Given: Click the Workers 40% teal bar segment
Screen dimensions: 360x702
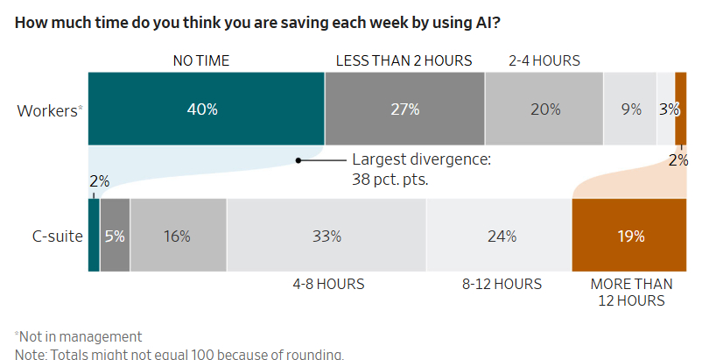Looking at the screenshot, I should [x=207, y=109].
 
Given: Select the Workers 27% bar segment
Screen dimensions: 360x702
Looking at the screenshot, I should [x=404, y=109].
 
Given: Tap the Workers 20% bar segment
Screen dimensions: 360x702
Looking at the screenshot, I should [x=544, y=109].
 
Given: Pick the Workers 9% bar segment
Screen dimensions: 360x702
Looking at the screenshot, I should [x=630, y=109].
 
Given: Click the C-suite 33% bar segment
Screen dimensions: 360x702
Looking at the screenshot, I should [x=326, y=236].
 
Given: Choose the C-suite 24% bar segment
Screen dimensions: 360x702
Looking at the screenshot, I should [x=499, y=236].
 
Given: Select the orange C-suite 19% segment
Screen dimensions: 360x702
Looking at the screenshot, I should [x=628, y=236].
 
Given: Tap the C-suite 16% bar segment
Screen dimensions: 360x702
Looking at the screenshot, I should [x=178, y=236].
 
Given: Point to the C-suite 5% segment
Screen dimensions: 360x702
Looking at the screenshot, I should [x=115, y=236].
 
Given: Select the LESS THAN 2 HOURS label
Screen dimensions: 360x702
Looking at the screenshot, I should [x=404, y=60].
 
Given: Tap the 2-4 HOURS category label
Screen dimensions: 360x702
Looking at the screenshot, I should [x=544, y=60].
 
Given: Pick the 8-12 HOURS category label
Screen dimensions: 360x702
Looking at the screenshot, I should [x=502, y=284].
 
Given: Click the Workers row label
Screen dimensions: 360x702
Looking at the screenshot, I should [x=48, y=110].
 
